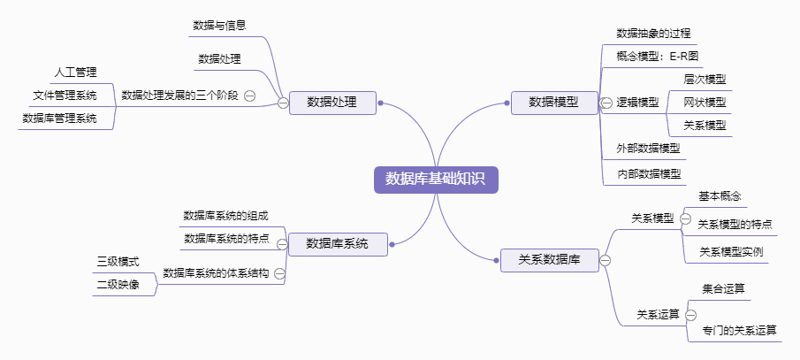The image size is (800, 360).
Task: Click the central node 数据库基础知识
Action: tap(436, 179)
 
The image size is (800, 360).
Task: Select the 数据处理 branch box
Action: tap(332, 102)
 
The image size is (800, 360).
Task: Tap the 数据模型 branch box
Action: tap(553, 102)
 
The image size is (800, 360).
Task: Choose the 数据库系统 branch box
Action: tap(337, 243)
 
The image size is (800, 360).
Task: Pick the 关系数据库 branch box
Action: tap(549, 259)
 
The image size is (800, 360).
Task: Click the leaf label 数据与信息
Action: tap(219, 25)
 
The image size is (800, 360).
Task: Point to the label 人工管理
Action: tap(75, 72)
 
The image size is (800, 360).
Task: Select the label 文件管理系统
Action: tap(65, 95)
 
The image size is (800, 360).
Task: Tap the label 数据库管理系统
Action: tap(59, 118)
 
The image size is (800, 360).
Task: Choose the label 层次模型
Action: tap(705, 79)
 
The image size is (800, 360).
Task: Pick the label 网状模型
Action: tap(705, 102)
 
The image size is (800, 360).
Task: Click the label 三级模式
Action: tap(118, 262)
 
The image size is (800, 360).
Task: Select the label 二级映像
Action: tap(118, 285)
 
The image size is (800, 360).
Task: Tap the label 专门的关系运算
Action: tap(740, 330)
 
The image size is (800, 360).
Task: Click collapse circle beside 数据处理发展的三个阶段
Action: tap(250, 96)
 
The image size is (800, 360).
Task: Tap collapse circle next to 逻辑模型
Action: tap(606, 103)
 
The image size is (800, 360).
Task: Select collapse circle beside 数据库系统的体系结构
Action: tap(279, 273)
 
